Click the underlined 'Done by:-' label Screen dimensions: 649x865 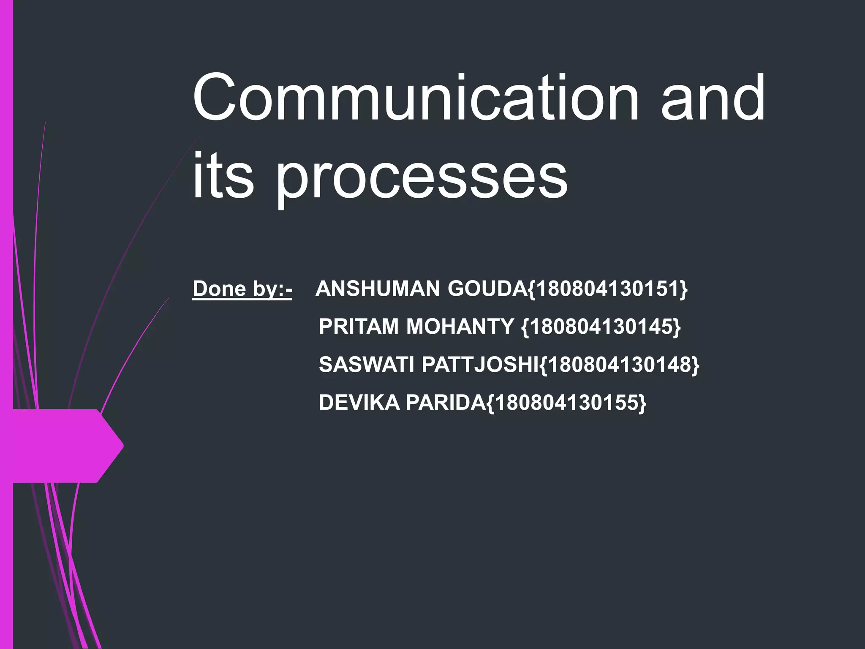[x=242, y=289]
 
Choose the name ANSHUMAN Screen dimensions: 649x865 [x=378, y=289]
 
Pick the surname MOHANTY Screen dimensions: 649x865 [x=460, y=327]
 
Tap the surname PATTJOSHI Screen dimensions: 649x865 [x=480, y=364]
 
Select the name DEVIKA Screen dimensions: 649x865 [x=359, y=402]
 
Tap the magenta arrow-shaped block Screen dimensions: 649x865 [x=63, y=446]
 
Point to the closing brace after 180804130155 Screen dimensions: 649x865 [x=642, y=402]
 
